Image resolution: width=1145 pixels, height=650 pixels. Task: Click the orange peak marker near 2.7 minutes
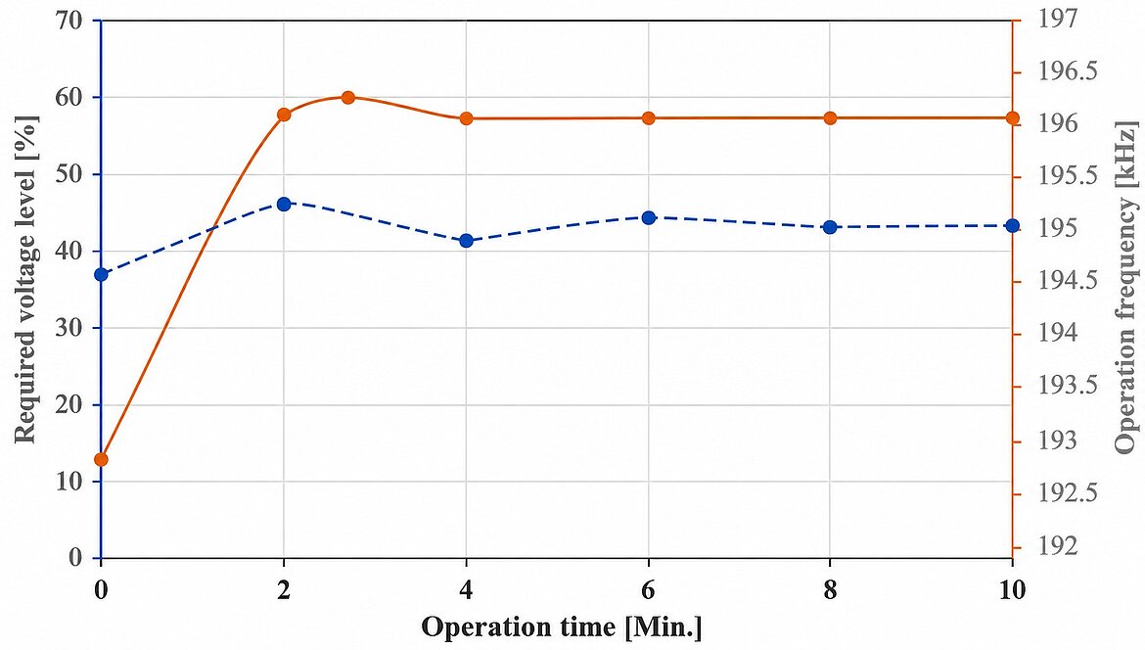click(347, 98)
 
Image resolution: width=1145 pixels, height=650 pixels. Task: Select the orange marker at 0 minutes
click(102, 459)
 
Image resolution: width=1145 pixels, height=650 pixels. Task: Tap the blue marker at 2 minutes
click(284, 204)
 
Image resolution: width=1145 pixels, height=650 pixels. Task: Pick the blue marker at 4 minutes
click(467, 241)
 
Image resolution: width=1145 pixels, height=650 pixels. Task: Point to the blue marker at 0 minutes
click(102, 275)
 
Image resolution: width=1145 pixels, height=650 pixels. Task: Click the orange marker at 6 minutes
click(649, 118)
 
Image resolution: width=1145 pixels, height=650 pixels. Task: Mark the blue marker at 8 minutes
click(830, 227)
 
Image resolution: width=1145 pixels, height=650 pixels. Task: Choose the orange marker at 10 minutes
click(1012, 118)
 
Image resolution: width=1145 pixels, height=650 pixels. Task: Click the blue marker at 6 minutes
click(649, 217)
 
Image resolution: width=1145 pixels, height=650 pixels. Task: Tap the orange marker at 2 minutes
click(284, 115)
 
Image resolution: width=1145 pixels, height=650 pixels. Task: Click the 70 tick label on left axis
click(69, 21)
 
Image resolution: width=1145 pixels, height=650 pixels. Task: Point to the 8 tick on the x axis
click(830, 589)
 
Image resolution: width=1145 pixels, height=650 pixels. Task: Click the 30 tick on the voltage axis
click(69, 328)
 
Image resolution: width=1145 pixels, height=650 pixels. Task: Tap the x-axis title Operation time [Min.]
click(562, 627)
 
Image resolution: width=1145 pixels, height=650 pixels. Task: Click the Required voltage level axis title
click(25, 279)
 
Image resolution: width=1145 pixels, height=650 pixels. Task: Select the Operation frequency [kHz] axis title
click(1126, 287)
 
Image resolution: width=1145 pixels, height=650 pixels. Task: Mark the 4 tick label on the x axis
click(467, 589)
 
